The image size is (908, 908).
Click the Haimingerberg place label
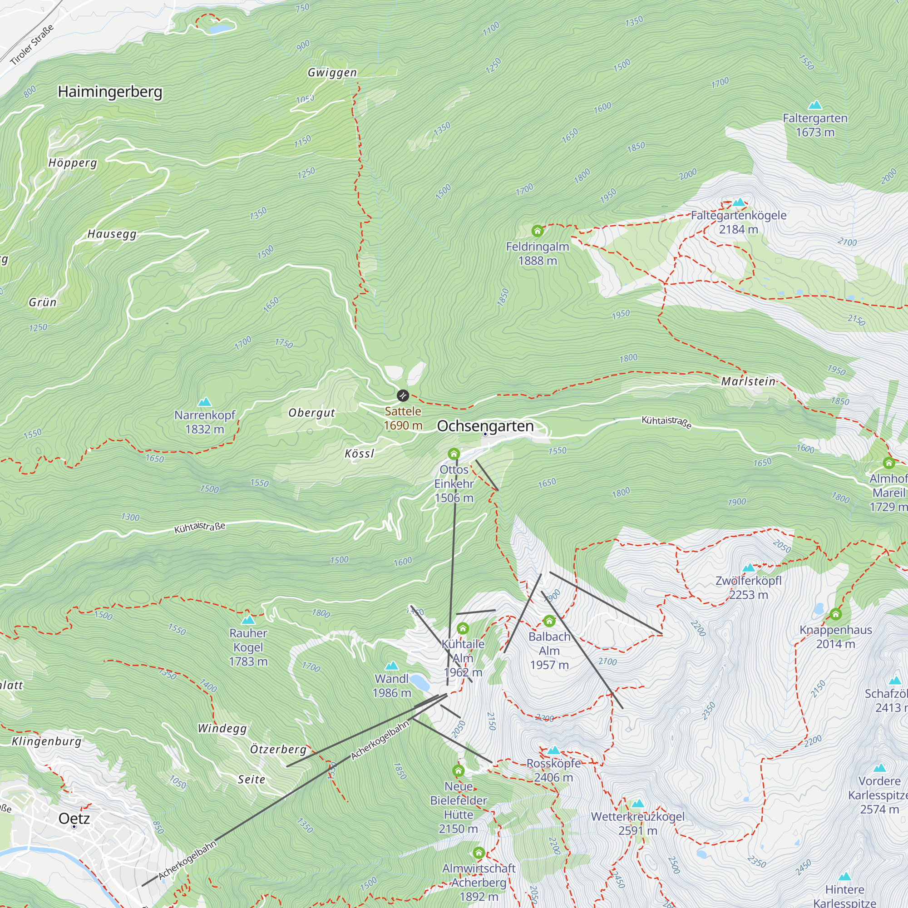[x=110, y=92]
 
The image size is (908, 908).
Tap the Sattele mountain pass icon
[x=403, y=395]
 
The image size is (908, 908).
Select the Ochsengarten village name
[x=485, y=426]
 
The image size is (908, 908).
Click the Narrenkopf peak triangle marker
[x=204, y=402]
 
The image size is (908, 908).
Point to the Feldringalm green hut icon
[x=537, y=231]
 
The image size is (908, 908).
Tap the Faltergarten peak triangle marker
[x=815, y=105]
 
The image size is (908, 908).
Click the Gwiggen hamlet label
[x=332, y=72]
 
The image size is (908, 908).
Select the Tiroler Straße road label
[x=31, y=44]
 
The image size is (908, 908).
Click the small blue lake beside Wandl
[x=419, y=681]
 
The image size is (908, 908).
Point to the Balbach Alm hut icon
[x=549, y=622]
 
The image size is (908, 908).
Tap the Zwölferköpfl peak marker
[x=749, y=568]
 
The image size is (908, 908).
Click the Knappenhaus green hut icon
[x=835, y=614]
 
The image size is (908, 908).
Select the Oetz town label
[x=74, y=818]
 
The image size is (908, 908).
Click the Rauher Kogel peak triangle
[x=248, y=620]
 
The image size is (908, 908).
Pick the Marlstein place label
[x=748, y=381]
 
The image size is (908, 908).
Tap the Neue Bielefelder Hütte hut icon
[x=458, y=770]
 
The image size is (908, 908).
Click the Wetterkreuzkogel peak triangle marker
[x=637, y=803]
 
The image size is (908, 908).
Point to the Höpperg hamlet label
[x=73, y=163]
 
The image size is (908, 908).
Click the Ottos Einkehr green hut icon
[x=454, y=454]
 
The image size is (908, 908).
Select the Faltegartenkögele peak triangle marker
[x=739, y=202]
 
